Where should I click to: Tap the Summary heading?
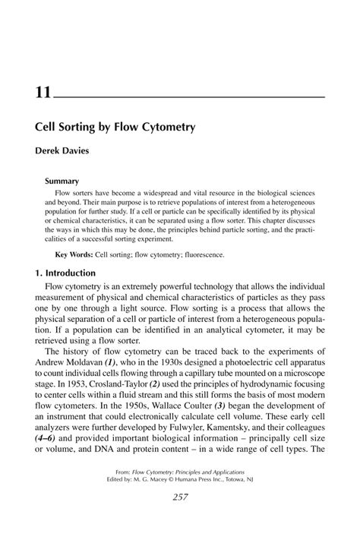[62, 182]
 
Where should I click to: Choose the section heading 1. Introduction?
[65, 273]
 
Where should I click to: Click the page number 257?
[180, 518]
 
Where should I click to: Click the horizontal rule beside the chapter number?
[190, 98]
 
